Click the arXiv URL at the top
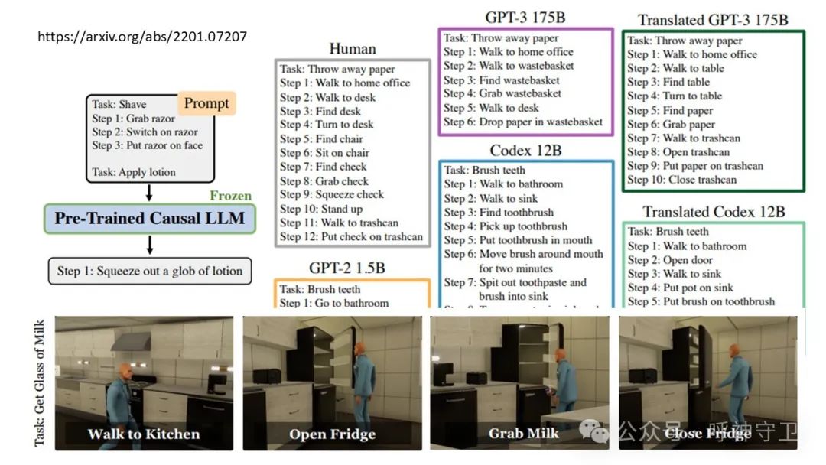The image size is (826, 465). pos(142,36)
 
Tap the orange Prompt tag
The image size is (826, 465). pos(206,103)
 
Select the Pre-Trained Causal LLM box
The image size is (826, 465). pos(149,219)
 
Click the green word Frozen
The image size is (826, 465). pos(230,196)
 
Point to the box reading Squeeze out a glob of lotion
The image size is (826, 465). pos(149,271)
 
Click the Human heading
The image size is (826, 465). pos(353,48)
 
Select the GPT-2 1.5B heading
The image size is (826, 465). pos(352,268)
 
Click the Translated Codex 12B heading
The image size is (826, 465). pos(714,211)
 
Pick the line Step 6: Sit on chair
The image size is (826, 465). pos(325,153)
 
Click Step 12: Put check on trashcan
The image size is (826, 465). pos(351,236)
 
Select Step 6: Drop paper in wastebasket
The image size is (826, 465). pos(523,122)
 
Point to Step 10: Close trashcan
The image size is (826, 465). pos(681,180)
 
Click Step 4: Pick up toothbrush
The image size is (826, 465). pos(506,226)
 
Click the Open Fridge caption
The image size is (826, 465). pos(332,434)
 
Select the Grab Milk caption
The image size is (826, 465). pos(523,434)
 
